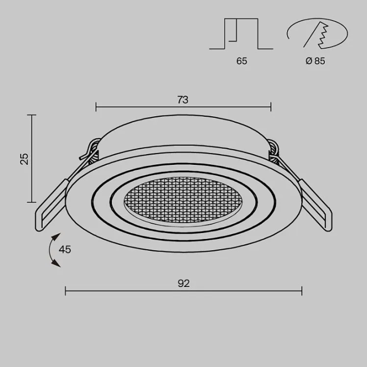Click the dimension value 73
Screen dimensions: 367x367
point(183,99)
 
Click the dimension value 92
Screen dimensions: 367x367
point(184,283)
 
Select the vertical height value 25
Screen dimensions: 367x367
point(24,159)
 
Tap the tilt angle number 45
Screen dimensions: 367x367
point(65,250)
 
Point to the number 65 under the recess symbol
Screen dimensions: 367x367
point(242,61)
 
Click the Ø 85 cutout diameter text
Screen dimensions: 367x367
point(315,61)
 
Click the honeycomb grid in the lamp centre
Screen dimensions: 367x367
point(183,201)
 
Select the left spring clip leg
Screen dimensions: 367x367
point(50,205)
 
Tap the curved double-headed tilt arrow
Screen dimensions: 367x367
point(50,250)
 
